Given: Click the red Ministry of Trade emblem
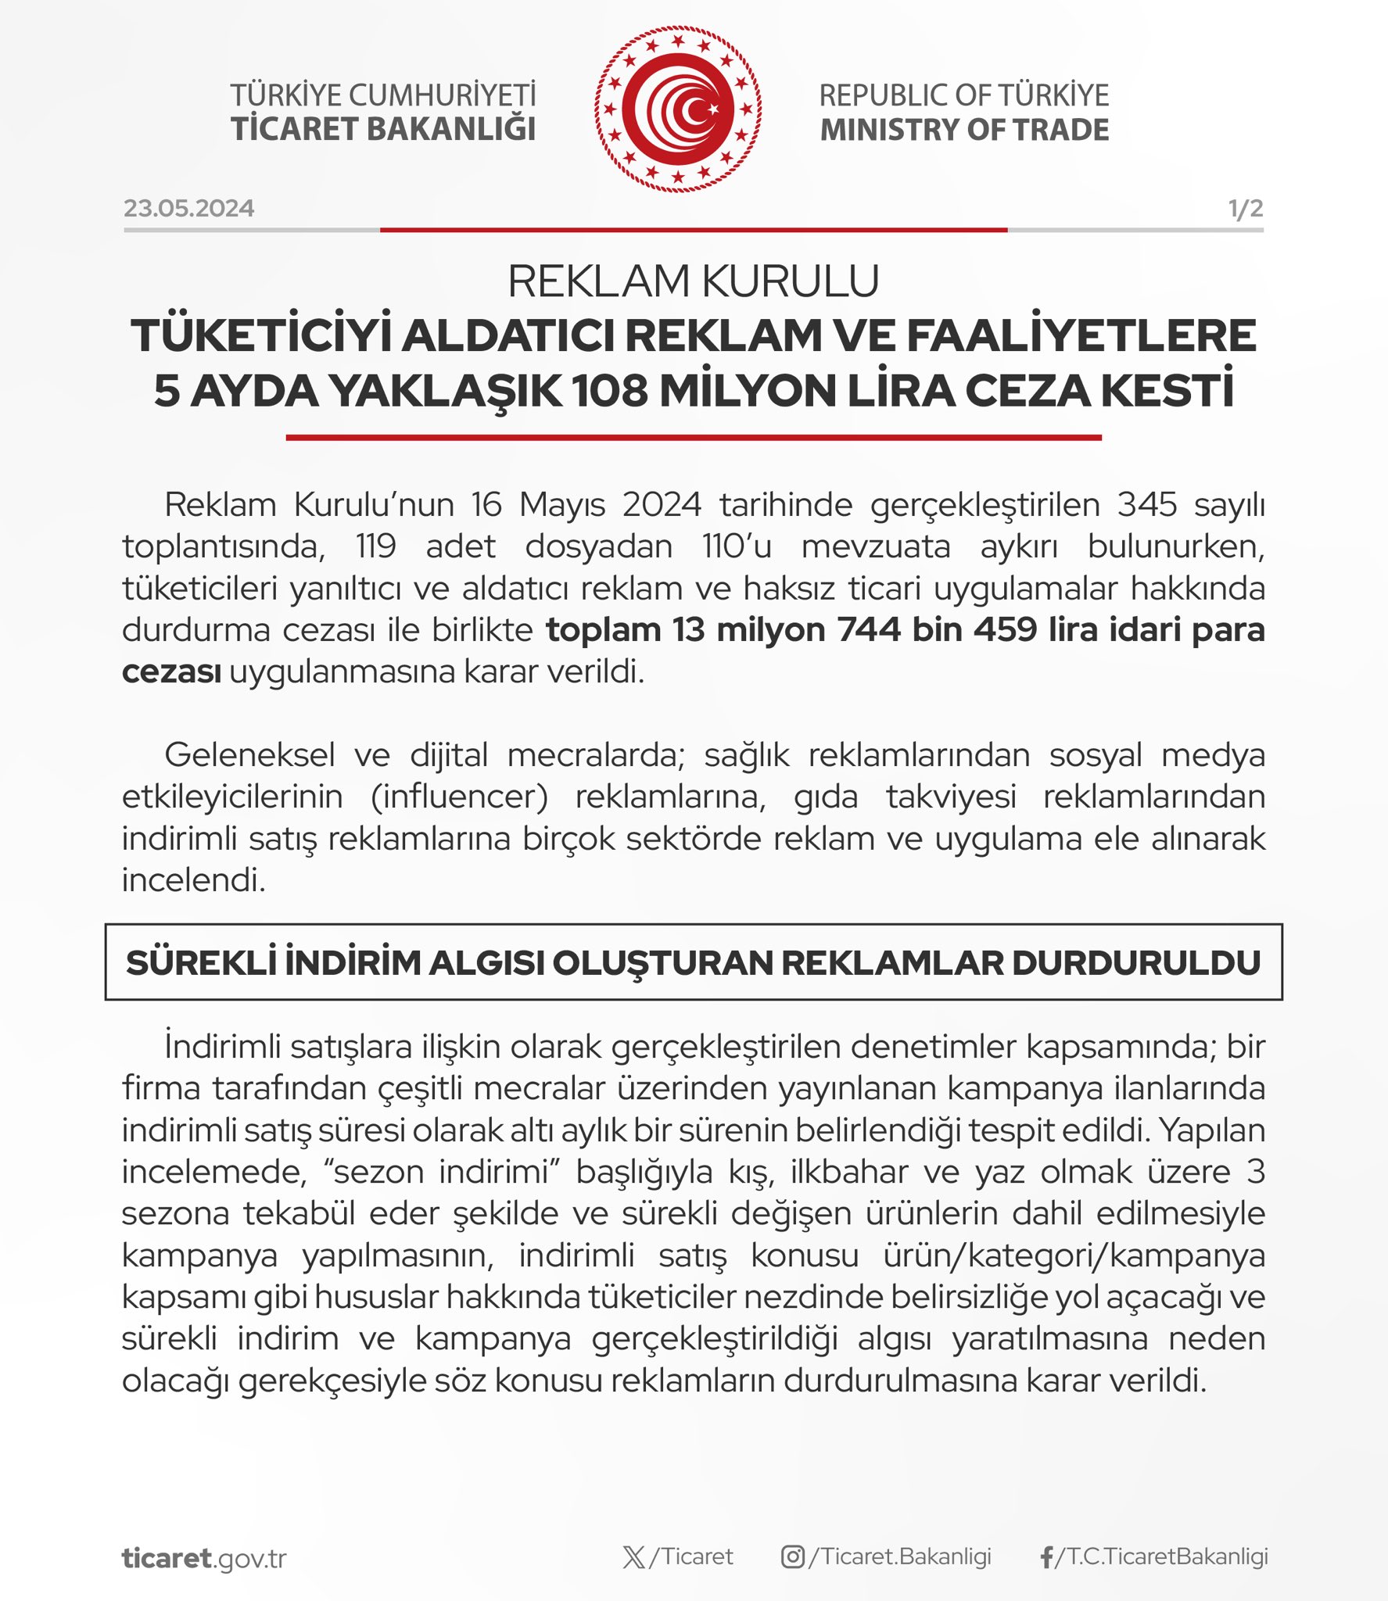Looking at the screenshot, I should (x=677, y=109).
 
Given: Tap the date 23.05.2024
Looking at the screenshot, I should (x=188, y=209).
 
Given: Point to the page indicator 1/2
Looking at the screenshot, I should (x=1245, y=209).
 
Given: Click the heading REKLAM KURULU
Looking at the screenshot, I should (x=694, y=281).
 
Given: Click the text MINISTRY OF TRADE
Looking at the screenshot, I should (x=964, y=130).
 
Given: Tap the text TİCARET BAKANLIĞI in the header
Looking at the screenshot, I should (x=383, y=130).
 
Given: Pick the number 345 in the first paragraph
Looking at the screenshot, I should (x=1146, y=505).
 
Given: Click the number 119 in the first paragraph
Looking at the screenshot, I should (x=375, y=546).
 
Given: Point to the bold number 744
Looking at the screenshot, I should (x=869, y=630).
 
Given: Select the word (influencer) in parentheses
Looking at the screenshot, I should (x=459, y=797).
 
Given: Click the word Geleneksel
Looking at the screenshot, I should (x=249, y=755).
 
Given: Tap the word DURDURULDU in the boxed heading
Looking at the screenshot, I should (x=1135, y=963).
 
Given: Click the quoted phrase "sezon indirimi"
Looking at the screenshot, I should (x=441, y=1172).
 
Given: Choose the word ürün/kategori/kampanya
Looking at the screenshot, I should (x=1074, y=1255).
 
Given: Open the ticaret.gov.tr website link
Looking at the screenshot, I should (x=204, y=1558).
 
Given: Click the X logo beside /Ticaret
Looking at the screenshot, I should (x=634, y=1557).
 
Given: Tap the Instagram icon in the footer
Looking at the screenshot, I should (x=792, y=1557).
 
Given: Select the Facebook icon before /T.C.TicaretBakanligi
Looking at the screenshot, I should (x=1046, y=1557).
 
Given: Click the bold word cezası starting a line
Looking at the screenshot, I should (x=171, y=672).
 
